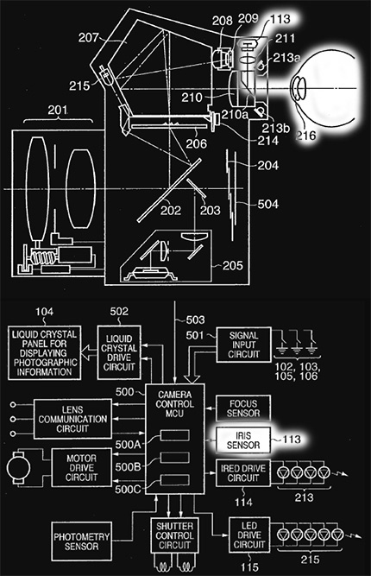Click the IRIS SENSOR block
click(243, 440)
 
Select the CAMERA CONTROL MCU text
click(174, 404)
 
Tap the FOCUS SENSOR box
click(243, 408)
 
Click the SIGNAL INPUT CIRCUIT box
click(243, 345)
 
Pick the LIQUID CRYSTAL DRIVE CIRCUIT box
click(119, 352)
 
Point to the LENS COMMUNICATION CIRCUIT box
click(72, 419)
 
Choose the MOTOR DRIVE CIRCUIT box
click(81, 468)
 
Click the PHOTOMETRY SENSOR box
click(81, 541)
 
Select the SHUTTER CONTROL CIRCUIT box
click(174, 535)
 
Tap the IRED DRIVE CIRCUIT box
click(243, 473)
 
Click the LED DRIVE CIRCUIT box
click(249, 535)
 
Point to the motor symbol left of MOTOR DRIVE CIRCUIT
click(18, 468)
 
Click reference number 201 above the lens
click(58, 110)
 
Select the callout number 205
click(233, 265)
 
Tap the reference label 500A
click(128, 445)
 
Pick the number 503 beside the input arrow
click(195, 320)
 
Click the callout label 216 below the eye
click(306, 136)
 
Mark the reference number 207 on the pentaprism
click(89, 37)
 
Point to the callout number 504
click(267, 204)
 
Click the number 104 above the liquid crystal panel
click(44, 312)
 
